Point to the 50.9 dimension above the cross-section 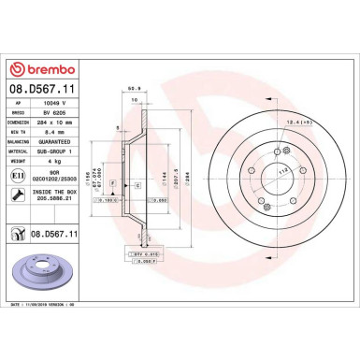[133, 91]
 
